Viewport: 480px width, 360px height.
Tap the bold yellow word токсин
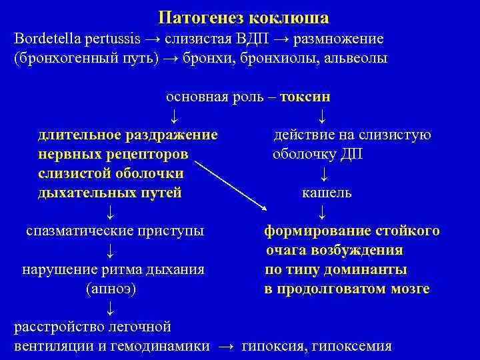pyautogui.click(x=305, y=96)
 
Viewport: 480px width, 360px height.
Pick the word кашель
pyautogui.click(x=327, y=193)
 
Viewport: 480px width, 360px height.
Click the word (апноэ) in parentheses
pyautogui.click(x=112, y=289)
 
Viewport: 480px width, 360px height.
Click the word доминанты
pyautogui.click(x=371, y=270)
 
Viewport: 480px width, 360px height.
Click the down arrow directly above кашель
pyautogui.click(x=323, y=174)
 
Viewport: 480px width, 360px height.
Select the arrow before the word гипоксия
pyautogui.click(x=227, y=346)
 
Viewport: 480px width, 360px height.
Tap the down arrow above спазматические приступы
pyautogui.click(x=111, y=213)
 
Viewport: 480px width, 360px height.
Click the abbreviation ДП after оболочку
pyautogui.click(x=352, y=154)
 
